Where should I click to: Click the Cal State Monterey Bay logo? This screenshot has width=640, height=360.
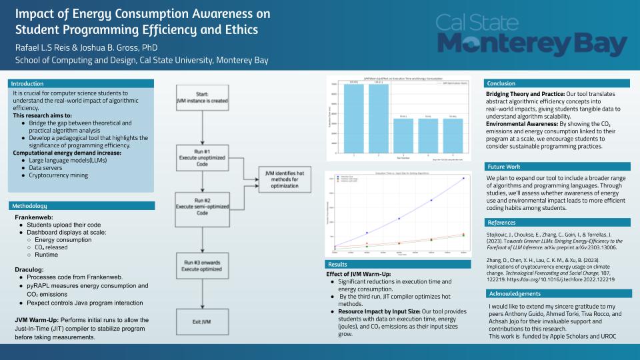point(531,34)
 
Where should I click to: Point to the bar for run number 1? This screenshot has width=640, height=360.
point(354,117)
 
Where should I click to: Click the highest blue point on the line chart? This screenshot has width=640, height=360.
point(463,179)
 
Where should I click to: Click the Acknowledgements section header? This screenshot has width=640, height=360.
point(513,293)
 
